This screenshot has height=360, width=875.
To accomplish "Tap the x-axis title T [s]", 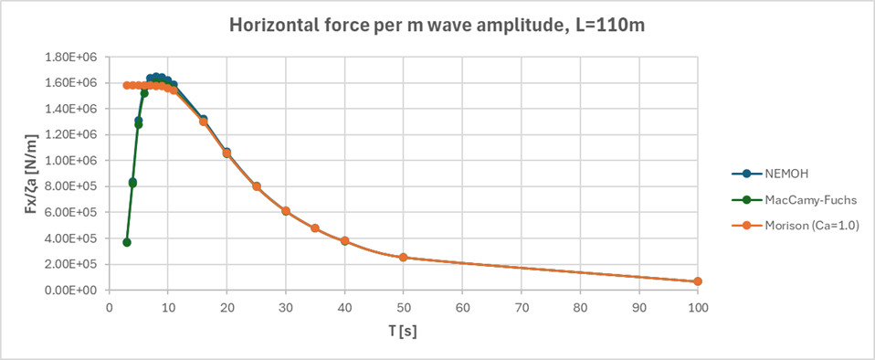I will point(403,330).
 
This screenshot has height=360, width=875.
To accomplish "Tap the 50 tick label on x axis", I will point(404,307).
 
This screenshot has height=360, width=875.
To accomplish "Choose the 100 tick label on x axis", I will point(698,307).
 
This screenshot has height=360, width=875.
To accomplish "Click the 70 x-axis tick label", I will point(522,307).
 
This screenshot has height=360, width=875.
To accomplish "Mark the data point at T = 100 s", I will point(698,281).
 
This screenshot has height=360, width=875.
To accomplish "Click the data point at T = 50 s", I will point(404,258).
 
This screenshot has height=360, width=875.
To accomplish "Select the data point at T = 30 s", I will point(286,211).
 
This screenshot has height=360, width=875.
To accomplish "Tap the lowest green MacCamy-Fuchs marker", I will point(127,242).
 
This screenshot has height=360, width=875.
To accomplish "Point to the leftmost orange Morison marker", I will point(127,85).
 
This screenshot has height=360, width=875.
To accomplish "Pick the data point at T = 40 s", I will point(344,241).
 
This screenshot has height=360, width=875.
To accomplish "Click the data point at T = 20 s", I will point(227,154).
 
